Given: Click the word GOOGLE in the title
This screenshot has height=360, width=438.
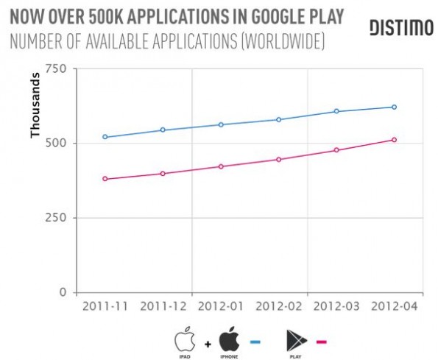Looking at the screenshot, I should click(x=274, y=16).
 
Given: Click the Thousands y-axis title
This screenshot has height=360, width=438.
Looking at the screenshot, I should click(x=35, y=110).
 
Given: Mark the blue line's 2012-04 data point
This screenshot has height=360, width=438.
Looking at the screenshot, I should click(x=395, y=107).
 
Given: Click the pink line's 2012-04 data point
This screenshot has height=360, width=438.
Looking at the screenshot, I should click(x=395, y=140).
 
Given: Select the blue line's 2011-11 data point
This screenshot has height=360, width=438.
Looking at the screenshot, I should click(x=105, y=137).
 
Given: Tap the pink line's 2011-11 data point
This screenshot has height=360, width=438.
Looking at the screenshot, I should click(x=105, y=179).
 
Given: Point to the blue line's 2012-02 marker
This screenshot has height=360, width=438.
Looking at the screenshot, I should click(x=279, y=119).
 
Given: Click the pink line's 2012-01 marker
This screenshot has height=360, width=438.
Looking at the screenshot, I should click(x=221, y=166).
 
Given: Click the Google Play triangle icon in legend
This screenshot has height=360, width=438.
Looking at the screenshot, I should click(x=295, y=339).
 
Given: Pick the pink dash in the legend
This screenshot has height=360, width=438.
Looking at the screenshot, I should click(x=322, y=341).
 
